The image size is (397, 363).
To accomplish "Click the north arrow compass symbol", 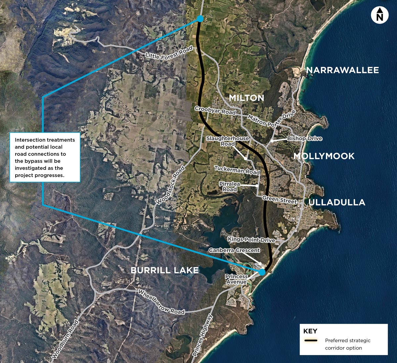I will click(379, 15).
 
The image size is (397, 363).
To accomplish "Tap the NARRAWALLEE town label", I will click(342, 70).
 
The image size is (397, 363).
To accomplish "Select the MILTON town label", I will click(246, 98).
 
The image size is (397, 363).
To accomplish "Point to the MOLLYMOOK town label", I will click(324, 156).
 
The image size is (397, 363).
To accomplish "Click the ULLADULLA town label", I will click(337, 203).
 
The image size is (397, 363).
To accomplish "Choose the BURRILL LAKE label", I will click(165, 270).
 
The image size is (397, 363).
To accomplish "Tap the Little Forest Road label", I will click(169, 53).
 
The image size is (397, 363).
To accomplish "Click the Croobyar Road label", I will click(215, 111).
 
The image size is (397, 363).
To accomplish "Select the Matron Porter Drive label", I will click(271, 119).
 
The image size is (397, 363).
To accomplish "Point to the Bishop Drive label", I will click(304, 138).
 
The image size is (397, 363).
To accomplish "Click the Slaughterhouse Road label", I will click(228, 141).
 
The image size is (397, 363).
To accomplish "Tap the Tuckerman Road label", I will click(237, 170).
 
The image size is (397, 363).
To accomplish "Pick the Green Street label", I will click(279, 200).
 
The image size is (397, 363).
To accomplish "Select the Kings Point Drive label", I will click(251, 239).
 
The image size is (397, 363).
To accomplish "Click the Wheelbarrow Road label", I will click(161, 302).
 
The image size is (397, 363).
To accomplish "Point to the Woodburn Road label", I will click(65, 339).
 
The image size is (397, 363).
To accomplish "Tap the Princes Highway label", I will click(202, 335).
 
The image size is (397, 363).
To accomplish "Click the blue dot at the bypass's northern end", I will click(200, 19).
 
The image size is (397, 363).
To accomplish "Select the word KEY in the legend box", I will click(310, 331).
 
